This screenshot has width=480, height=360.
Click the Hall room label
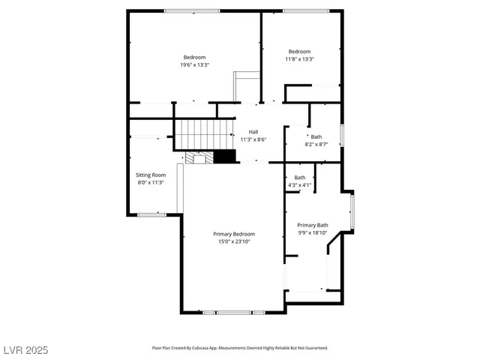pos(253,132)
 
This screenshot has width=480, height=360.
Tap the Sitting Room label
pos(150,175)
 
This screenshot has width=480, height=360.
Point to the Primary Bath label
pos(312,225)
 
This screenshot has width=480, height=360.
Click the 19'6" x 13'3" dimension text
pos(194,65)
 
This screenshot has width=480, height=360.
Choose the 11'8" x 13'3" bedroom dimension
pos(299,59)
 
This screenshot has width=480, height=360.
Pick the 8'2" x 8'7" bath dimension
pos(316,145)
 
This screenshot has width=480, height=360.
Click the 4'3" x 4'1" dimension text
pos(298,185)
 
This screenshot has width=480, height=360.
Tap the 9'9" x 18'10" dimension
pos(312,232)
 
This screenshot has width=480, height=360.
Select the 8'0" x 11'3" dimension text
pos(150,182)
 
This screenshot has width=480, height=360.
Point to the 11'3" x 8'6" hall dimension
pos(253,139)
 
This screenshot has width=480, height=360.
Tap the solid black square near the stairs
pos(224,157)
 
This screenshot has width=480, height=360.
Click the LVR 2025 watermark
pos(25,349)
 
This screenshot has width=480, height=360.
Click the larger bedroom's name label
pos(194,57)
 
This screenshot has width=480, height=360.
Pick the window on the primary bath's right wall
pos(352,211)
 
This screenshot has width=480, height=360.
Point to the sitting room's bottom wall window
pos(151,215)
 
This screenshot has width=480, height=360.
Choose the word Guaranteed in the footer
pos(315,348)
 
